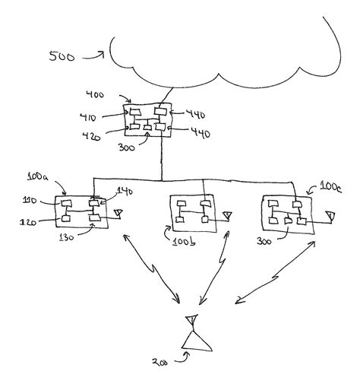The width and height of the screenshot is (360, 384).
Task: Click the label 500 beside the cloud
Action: [x=62, y=56]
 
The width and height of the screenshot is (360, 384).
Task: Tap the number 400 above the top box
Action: [x=95, y=94]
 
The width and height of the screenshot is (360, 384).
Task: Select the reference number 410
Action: [x=88, y=117]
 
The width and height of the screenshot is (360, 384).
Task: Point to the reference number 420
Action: [x=91, y=136]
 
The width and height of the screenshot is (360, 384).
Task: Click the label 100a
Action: [x=38, y=176]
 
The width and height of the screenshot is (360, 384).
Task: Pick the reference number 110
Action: [x=30, y=201]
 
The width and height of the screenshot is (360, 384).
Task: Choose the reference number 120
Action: [x=28, y=222]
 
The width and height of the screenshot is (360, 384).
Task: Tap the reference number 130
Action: [x=67, y=237]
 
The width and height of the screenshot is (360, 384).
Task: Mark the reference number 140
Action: [x=125, y=192]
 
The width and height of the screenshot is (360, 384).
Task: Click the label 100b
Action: [x=184, y=242]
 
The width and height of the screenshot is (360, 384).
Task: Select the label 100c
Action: [x=330, y=187]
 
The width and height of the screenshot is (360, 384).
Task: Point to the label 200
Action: [x=159, y=362]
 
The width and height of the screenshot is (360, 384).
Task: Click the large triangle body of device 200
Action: [x=197, y=341]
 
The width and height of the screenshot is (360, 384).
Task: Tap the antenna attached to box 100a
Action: [x=118, y=213]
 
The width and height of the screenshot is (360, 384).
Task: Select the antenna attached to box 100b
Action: [x=228, y=216]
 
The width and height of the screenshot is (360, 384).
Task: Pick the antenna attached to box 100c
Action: [x=330, y=217]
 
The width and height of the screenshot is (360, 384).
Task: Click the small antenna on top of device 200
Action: [x=191, y=321]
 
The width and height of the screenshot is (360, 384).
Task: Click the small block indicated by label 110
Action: [x=66, y=203]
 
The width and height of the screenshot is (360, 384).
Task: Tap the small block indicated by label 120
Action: [x=66, y=218]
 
